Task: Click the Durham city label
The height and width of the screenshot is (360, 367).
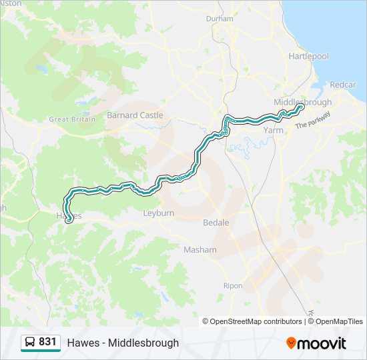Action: [220, 19]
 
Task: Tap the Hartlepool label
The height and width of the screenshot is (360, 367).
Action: [308, 57]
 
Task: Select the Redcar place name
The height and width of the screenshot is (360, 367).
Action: [342, 85]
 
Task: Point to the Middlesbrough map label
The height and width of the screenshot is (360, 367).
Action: [302, 102]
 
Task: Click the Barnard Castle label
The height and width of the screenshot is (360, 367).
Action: [135, 115]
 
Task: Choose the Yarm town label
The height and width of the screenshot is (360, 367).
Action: [274, 131]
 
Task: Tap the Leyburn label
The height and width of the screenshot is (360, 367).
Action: [158, 213]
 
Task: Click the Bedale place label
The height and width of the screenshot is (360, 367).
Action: [216, 223]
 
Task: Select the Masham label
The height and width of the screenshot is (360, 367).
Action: [200, 250]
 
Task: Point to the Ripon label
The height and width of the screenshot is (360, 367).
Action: [233, 286]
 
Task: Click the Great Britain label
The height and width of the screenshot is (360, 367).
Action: [69, 119]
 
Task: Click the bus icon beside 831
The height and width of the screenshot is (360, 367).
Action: [30, 342]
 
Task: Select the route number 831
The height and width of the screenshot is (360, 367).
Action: [47, 342]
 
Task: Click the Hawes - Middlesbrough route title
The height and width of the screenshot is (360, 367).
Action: [123, 343]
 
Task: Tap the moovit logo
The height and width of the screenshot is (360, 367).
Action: [316, 343]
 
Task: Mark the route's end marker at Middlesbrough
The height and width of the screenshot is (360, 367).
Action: [301, 107]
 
